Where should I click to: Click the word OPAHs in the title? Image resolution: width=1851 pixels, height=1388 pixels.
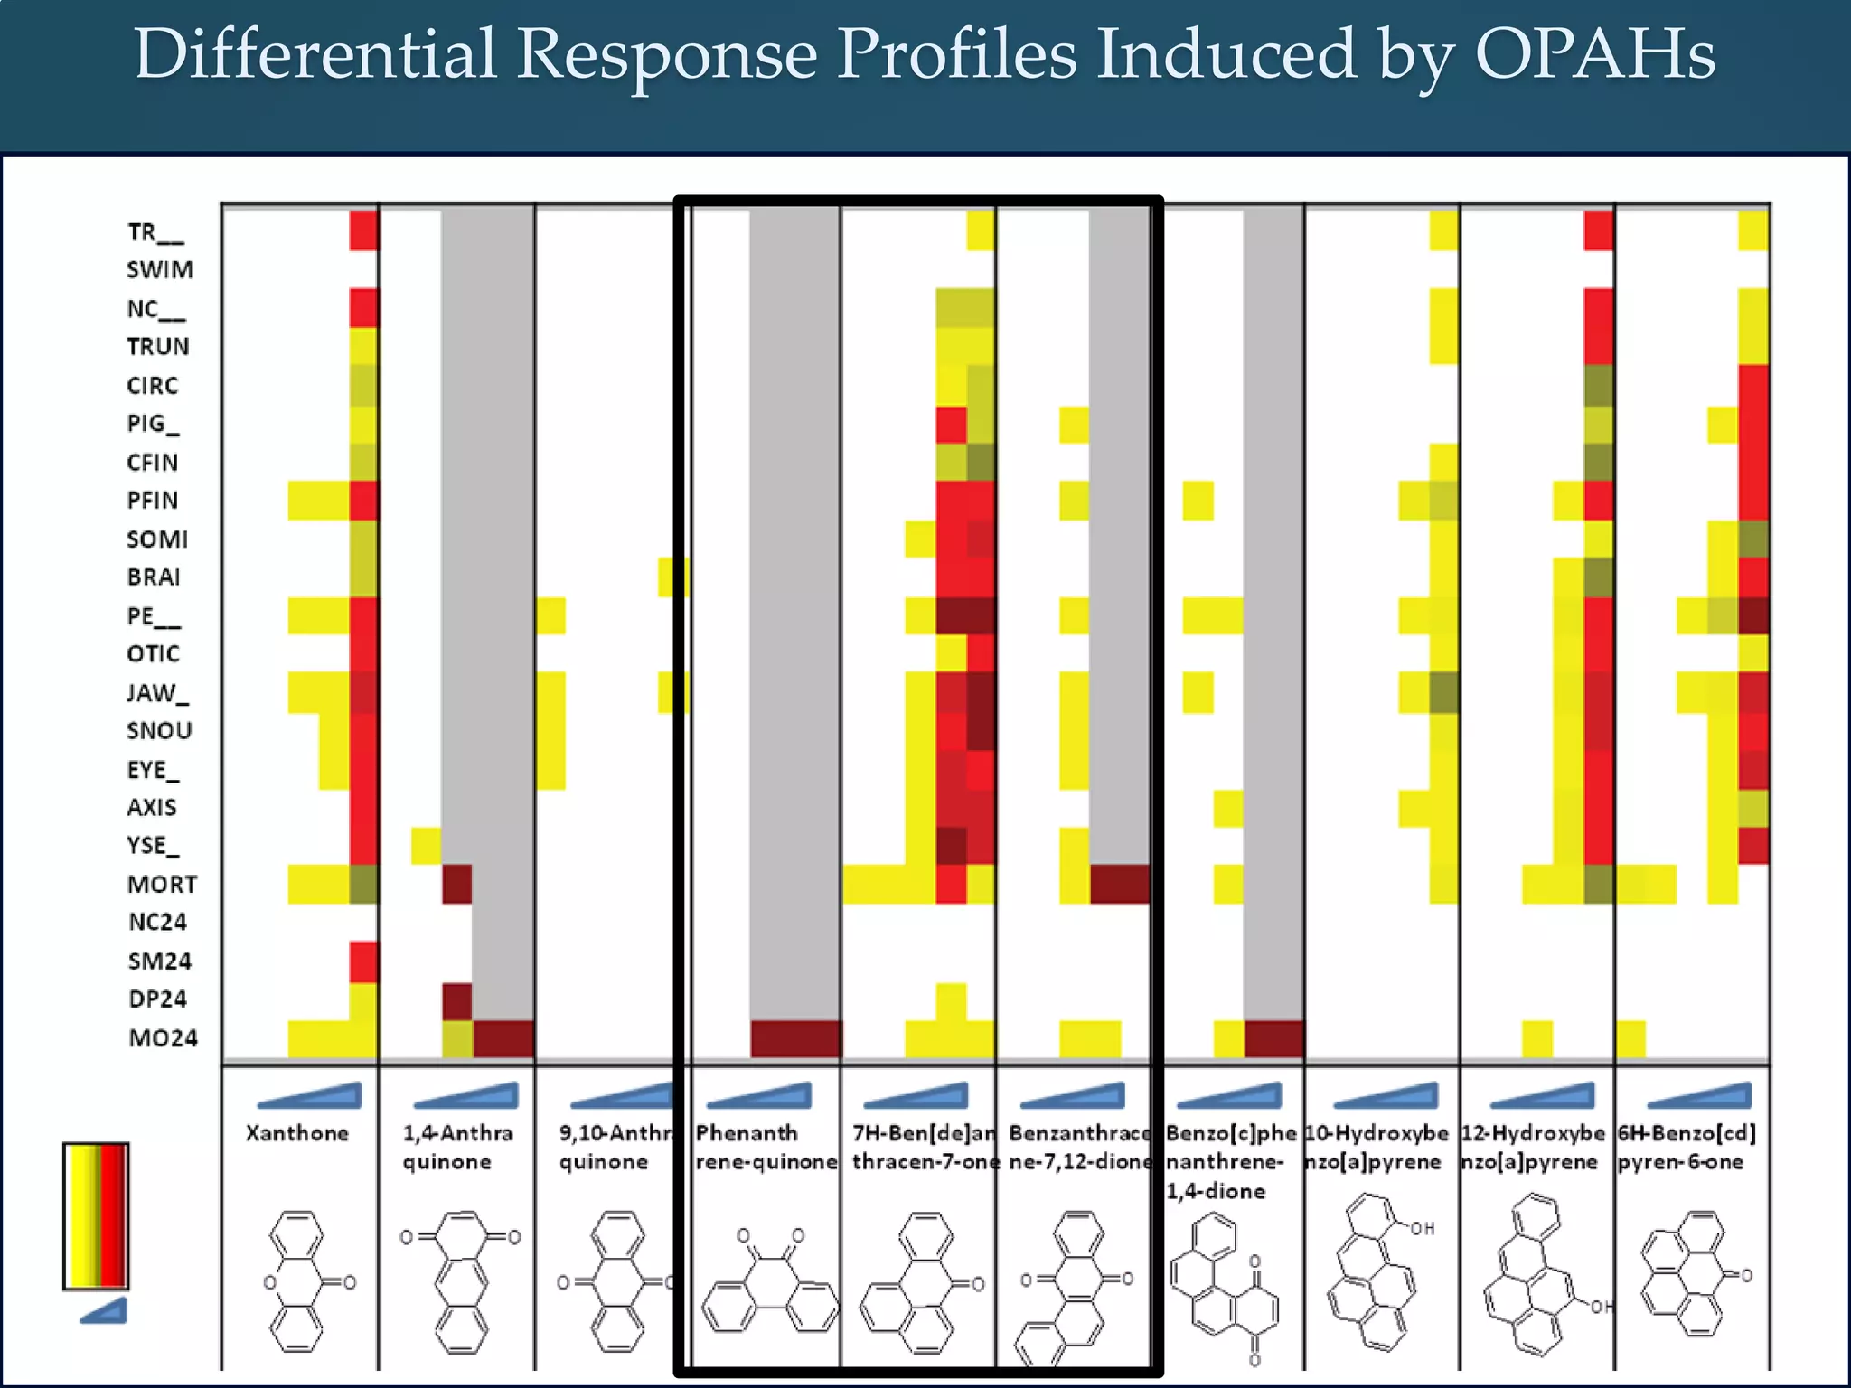[1594, 54]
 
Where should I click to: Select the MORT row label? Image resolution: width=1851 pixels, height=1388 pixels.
[162, 884]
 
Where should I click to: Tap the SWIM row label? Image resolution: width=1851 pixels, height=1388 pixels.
[160, 270]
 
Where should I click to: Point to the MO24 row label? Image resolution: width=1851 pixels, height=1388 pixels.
[163, 1037]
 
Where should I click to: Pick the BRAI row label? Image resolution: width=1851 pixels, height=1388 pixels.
[154, 577]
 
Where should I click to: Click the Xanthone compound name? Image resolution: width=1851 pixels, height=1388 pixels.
[297, 1133]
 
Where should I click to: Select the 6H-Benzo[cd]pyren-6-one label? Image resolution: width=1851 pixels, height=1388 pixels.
[1686, 1147]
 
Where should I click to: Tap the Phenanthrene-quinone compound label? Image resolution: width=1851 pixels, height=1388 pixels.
[766, 1147]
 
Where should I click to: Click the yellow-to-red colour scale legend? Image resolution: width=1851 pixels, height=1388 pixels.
[96, 1215]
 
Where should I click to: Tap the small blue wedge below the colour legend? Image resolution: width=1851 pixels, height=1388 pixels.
[103, 1311]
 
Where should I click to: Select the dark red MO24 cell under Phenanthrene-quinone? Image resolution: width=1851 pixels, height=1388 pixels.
[795, 1038]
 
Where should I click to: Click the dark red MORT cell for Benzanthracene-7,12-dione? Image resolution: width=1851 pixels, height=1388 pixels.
[1120, 884]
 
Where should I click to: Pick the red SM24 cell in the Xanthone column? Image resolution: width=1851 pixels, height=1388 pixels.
[363, 961]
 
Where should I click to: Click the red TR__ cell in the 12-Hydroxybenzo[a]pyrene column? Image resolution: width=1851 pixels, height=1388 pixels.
[1598, 231]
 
